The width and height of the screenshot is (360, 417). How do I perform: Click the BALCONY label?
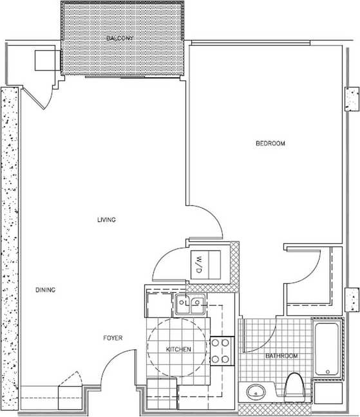pos(120,39)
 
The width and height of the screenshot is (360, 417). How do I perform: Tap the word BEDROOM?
pos(270,144)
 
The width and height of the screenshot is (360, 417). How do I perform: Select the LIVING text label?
pos(106,220)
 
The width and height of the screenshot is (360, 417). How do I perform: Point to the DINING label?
pos(45,290)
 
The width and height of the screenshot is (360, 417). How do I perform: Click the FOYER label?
pos(113,338)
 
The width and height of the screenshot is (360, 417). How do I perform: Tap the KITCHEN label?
pos(178,349)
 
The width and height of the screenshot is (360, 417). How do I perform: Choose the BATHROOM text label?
pos(281,356)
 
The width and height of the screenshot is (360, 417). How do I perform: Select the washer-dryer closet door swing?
pos(169,263)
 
